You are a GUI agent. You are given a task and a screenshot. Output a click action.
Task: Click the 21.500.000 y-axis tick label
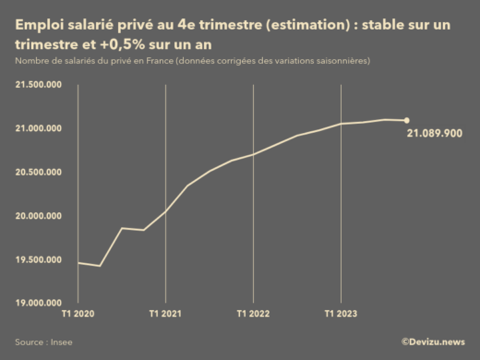[38, 85]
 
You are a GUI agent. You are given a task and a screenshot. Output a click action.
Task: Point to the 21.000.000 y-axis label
[38, 128]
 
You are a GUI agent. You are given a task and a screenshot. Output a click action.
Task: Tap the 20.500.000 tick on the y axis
[38, 173]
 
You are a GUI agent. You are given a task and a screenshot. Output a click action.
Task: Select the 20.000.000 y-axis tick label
[38, 216]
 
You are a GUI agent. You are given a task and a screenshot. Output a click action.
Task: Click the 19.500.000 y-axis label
[38, 259]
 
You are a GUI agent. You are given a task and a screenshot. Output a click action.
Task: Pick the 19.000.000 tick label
[38, 303]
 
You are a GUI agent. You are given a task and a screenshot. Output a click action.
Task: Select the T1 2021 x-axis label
[165, 314]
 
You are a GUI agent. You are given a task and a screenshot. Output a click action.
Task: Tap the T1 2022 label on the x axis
[253, 314]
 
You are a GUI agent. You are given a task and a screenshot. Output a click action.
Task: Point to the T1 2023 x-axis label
[342, 314]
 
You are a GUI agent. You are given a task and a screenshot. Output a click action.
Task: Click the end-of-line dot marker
[407, 120]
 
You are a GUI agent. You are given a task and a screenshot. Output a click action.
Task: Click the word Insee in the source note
[62, 342]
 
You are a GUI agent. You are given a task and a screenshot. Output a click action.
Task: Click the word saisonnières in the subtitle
[341, 61]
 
